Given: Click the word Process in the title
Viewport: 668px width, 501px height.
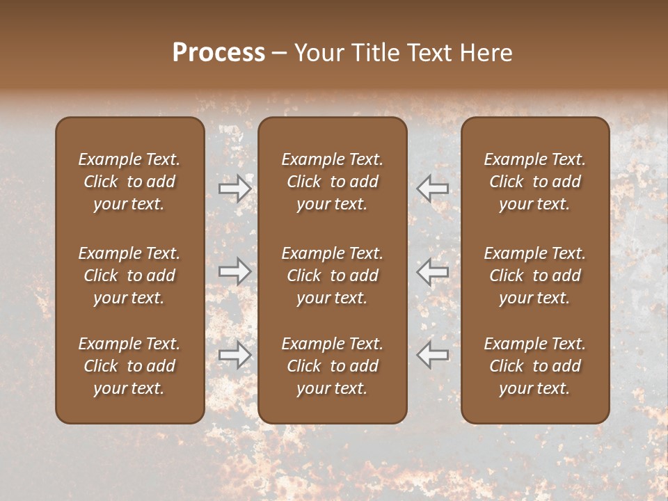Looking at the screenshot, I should click(218, 53).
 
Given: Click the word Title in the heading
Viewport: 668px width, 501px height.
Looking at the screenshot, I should click(374, 53).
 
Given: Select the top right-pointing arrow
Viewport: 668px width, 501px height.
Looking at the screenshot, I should click(234, 189).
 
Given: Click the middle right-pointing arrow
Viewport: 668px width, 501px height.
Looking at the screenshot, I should click(234, 271).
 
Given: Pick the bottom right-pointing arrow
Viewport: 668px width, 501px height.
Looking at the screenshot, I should click(234, 355).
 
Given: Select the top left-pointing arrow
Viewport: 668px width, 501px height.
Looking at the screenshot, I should click(433, 189).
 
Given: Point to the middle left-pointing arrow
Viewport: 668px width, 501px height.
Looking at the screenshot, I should click(433, 271).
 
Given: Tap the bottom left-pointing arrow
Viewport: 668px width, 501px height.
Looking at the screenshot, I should click(433, 355).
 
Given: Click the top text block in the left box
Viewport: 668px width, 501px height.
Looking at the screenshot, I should click(129, 182).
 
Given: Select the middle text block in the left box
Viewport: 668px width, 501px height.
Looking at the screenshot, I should click(129, 276).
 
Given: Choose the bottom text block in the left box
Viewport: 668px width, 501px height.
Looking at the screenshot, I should click(129, 366).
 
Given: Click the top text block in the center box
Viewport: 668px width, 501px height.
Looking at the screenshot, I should click(332, 182).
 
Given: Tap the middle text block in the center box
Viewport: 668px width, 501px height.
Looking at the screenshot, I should click(332, 276).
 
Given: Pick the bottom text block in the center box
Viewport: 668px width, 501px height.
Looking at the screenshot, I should click(332, 366).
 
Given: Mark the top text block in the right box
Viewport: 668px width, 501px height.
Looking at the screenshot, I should click(534, 182).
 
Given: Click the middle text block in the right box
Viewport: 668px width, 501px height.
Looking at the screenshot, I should click(534, 276).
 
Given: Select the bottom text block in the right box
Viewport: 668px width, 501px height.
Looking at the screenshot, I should click(534, 366).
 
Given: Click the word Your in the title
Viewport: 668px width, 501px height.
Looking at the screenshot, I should click(317, 53).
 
